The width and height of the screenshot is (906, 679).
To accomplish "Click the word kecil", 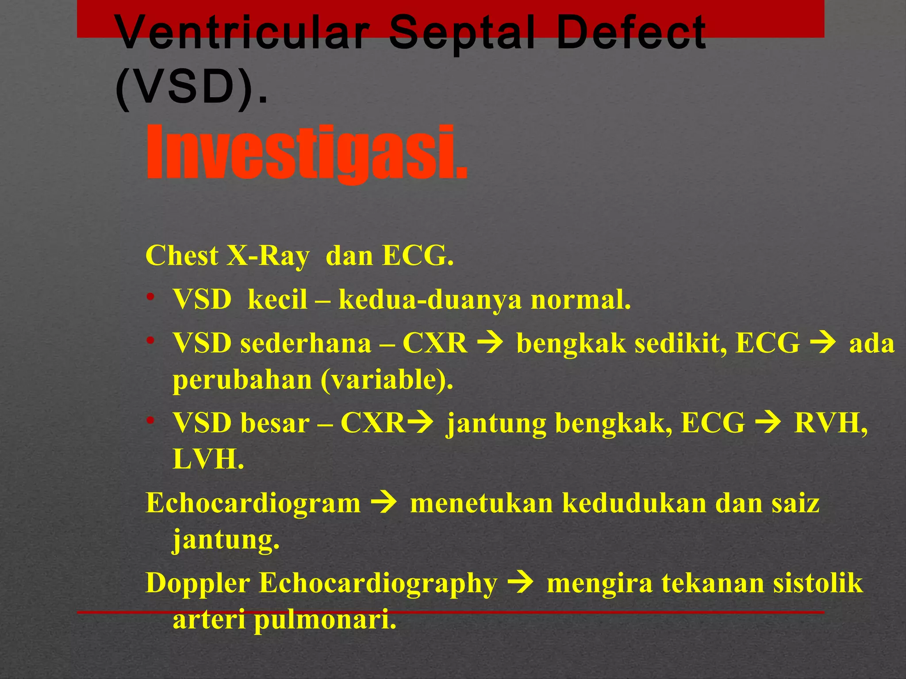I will coord(277,300).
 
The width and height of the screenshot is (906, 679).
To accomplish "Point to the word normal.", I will coord(580,300).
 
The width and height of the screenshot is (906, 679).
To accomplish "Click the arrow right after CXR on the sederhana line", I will coord(491,343).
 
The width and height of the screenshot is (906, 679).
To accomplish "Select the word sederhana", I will coord(306,343).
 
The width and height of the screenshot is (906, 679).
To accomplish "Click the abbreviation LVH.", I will coord(208,459).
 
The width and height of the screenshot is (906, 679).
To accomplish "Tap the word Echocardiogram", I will coord(253,504).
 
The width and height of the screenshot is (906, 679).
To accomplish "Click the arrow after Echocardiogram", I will coord(384,504).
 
